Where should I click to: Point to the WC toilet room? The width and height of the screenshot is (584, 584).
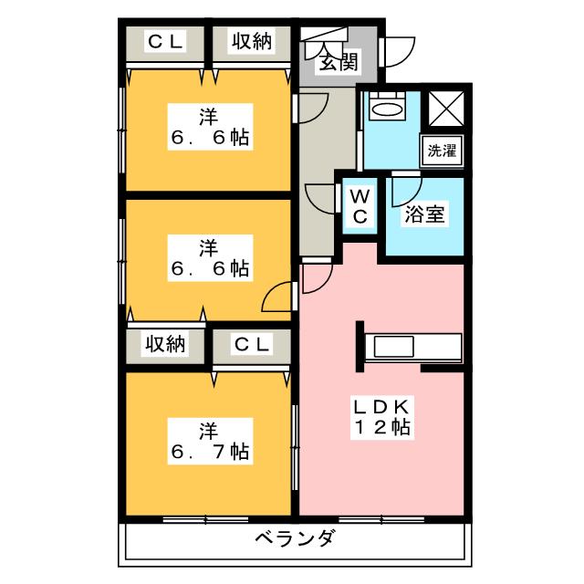point(360,206)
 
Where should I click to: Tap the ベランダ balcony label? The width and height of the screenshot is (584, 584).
point(295,537)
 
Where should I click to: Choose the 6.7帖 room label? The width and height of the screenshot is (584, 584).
point(210,440)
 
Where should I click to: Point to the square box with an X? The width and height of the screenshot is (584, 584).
point(447,108)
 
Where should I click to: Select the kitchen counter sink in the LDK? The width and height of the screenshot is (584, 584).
point(392,348)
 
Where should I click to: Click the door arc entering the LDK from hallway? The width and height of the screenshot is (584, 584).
point(316,277)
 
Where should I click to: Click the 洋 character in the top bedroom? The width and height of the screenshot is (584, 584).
point(210,117)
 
